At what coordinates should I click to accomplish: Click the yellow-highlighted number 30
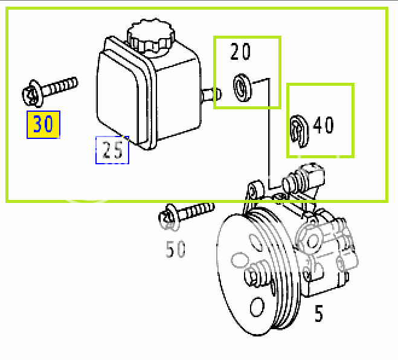coord(43,124)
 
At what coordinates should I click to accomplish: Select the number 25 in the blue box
coord(112,150)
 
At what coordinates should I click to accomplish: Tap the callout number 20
coord(240,53)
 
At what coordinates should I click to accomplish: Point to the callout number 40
coord(323,125)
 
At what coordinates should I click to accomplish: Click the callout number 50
coord(176,248)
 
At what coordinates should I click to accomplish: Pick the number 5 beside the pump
coord(318,313)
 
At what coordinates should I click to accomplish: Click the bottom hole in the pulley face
coord(258,305)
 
